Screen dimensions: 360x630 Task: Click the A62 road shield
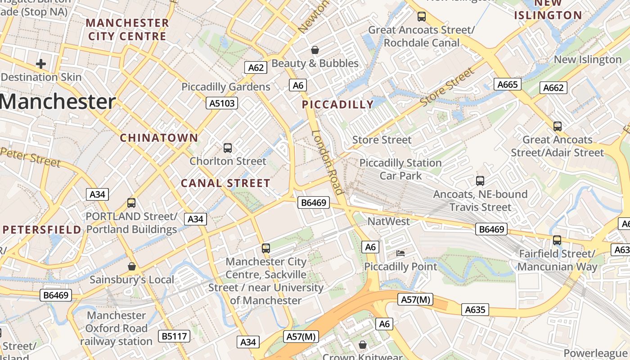point(256,67)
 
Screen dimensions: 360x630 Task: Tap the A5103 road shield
point(222,103)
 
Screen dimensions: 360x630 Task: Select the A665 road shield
point(508,84)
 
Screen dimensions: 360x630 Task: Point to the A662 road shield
point(553,88)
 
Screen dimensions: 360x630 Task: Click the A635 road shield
point(475,310)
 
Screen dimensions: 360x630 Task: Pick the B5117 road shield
point(174,336)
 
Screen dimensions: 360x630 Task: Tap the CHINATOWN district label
point(159,138)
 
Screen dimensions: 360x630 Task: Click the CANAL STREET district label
point(225,183)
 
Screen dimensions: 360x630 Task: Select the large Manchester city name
point(58,102)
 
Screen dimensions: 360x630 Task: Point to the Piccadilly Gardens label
point(226,87)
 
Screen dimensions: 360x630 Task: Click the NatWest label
point(389,221)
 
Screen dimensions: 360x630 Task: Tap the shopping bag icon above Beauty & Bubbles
point(315,50)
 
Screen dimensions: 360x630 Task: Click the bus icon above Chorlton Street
point(228,148)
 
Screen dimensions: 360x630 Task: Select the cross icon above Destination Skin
point(41,64)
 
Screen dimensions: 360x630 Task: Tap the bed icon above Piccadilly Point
point(400,253)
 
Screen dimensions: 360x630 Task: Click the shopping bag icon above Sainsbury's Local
point(131,266)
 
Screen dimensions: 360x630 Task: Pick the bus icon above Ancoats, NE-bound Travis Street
point(480,181)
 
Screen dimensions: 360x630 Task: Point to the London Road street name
point(328,162)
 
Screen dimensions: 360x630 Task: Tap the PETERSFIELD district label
point(42,230)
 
